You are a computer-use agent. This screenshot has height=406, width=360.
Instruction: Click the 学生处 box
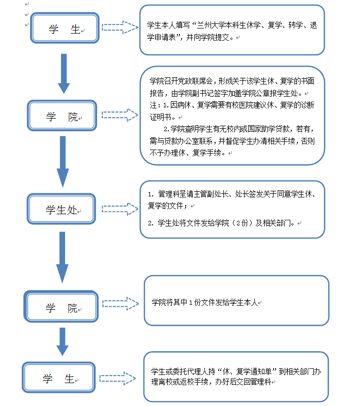coord(62,209)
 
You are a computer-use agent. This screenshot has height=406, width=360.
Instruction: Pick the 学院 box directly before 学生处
coord(62,117)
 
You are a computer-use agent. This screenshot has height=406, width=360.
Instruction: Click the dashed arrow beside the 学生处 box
coord(120,209)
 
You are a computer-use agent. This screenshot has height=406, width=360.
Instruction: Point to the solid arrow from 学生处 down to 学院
coord(62,257)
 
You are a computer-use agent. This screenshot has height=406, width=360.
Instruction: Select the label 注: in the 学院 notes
coord(155,105)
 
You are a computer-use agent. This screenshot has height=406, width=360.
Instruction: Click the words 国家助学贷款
coord(264,129)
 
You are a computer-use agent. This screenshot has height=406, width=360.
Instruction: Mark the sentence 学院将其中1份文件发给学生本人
coord(204,302)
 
